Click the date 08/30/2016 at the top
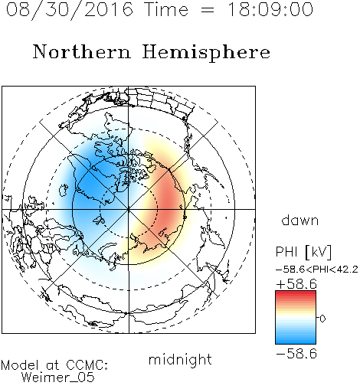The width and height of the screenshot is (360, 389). (70, 10)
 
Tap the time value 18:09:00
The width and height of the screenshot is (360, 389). (270, 9)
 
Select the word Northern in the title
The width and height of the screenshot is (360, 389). (82, 51)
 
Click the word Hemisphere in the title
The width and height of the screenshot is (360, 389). (206, 53)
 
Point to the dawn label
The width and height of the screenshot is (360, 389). (300, 220)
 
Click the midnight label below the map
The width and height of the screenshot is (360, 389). (180, 360)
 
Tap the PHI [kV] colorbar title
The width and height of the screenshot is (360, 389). (303, 252)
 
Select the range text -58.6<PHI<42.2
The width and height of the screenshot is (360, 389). (317, 270)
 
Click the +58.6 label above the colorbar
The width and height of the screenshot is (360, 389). (296, 284)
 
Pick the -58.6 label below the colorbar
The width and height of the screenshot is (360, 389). (296, 354)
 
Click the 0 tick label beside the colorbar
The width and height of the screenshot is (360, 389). (322, 319)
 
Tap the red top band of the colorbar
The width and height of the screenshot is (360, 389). (296, 293)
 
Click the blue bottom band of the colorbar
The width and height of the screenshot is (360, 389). (296, 342)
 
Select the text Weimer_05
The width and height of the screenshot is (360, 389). (58, 378)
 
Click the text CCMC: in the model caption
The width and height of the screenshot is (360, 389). (87, 365)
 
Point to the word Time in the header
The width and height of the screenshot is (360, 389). (166, 9)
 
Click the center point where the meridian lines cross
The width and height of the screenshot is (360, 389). (129, 209)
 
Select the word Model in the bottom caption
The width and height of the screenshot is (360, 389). (20, 365)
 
